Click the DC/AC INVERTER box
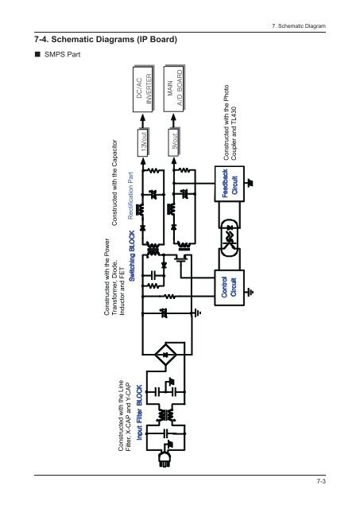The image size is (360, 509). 143,88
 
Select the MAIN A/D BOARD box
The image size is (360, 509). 174,88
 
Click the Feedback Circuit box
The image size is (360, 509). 230,184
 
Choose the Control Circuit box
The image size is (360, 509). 230,288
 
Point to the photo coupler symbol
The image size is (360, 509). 230,236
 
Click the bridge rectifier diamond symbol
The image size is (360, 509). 166,354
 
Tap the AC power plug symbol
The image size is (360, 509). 165,458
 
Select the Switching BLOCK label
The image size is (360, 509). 132,256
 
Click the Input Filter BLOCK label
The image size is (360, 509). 139,412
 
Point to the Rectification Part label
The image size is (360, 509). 130,196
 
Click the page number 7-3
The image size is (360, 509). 321,481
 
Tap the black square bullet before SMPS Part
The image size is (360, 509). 37,54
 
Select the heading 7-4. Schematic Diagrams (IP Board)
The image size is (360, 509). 106,39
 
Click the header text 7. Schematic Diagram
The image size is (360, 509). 299,26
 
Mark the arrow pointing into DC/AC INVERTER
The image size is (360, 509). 143,121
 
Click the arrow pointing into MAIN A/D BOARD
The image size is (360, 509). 174,121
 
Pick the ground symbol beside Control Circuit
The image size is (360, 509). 250,292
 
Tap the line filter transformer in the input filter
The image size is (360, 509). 166,415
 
